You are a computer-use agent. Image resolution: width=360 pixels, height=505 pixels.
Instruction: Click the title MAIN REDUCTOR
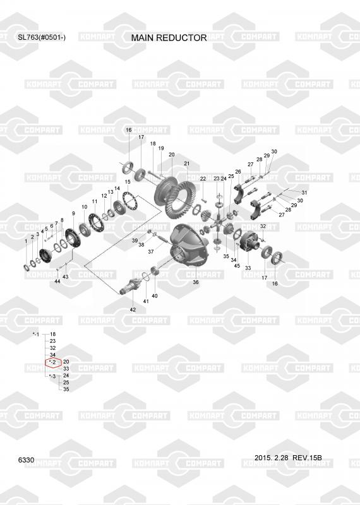169,38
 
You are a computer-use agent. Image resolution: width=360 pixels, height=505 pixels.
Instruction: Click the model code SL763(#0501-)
42,37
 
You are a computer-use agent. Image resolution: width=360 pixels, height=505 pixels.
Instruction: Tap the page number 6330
26,460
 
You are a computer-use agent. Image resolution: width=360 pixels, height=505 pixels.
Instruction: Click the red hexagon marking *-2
53,362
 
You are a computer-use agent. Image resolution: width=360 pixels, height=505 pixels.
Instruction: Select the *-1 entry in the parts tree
36,335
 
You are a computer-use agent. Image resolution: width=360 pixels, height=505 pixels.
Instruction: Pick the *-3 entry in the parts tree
52,376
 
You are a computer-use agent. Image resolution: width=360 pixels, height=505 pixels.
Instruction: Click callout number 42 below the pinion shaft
133,310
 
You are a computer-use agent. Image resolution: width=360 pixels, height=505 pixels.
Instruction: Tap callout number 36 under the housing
196,282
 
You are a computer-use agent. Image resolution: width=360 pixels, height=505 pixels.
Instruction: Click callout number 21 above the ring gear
187,163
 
